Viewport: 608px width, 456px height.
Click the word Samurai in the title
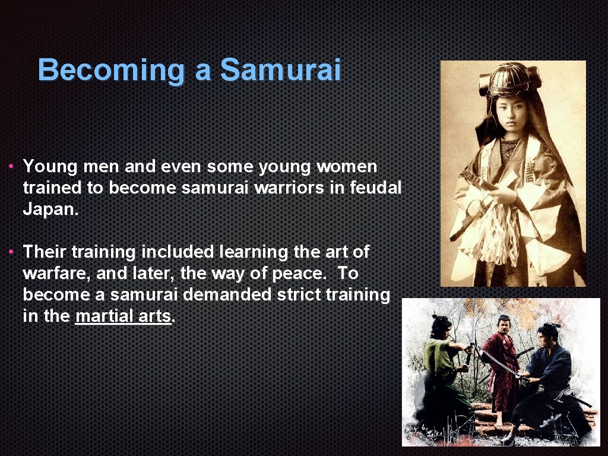pyautogui.click(x=280, y=70)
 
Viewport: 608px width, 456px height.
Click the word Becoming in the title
pyautogui.click(x=112, y=70)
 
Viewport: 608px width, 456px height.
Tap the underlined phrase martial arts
pyautogui.click(x=123, y=316)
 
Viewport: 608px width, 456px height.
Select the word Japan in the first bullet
pyautogui.click(x=50, y=209)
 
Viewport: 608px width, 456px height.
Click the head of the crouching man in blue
pyautogui.click(x=544, y=334)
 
